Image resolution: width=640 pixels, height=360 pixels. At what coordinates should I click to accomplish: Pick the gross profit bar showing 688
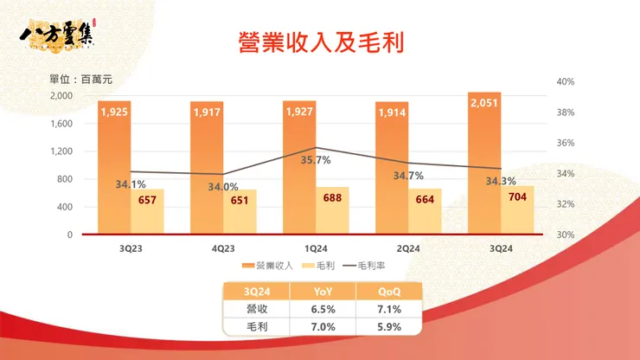333,211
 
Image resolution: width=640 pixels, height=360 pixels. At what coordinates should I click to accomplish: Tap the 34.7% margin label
408,176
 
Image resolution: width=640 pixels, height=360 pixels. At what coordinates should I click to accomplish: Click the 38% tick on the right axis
566,112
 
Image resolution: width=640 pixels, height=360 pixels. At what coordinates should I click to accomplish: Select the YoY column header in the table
321,292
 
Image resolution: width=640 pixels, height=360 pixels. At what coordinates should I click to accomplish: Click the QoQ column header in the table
389,292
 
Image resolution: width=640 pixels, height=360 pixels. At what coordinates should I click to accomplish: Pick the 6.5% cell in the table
321,309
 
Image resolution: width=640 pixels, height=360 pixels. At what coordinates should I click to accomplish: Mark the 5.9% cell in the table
389,326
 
